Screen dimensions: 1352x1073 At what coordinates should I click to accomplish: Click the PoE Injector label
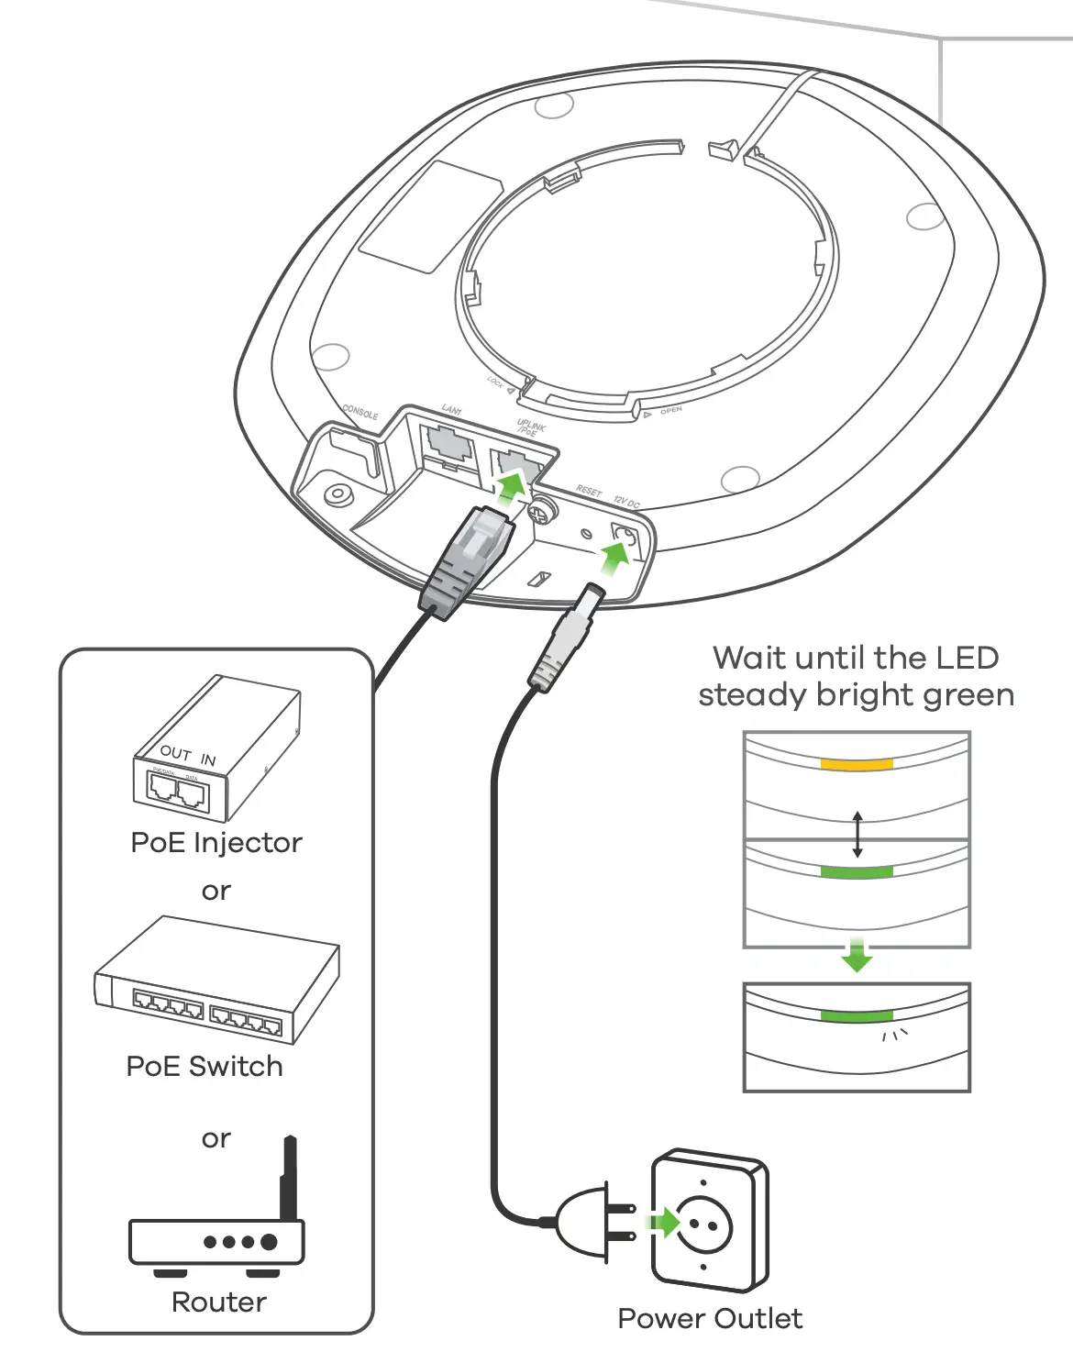216,842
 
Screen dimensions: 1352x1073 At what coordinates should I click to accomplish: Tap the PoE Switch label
205,1066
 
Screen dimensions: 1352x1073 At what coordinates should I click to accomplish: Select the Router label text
219,1302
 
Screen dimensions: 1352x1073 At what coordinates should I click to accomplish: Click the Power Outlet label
710,1318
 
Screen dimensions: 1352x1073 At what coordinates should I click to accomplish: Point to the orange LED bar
857,764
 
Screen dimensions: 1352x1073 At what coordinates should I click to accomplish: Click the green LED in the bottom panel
857,1016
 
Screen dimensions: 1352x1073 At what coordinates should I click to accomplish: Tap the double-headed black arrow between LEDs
857,834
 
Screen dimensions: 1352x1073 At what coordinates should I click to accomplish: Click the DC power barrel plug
566,637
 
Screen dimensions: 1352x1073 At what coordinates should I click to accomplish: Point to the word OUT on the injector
174,752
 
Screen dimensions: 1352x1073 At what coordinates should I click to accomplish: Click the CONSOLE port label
360,412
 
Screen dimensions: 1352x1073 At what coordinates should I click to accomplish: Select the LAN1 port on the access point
448,444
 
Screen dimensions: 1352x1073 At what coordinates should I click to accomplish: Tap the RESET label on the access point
589,492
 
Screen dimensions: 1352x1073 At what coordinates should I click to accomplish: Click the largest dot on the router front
269,1242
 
